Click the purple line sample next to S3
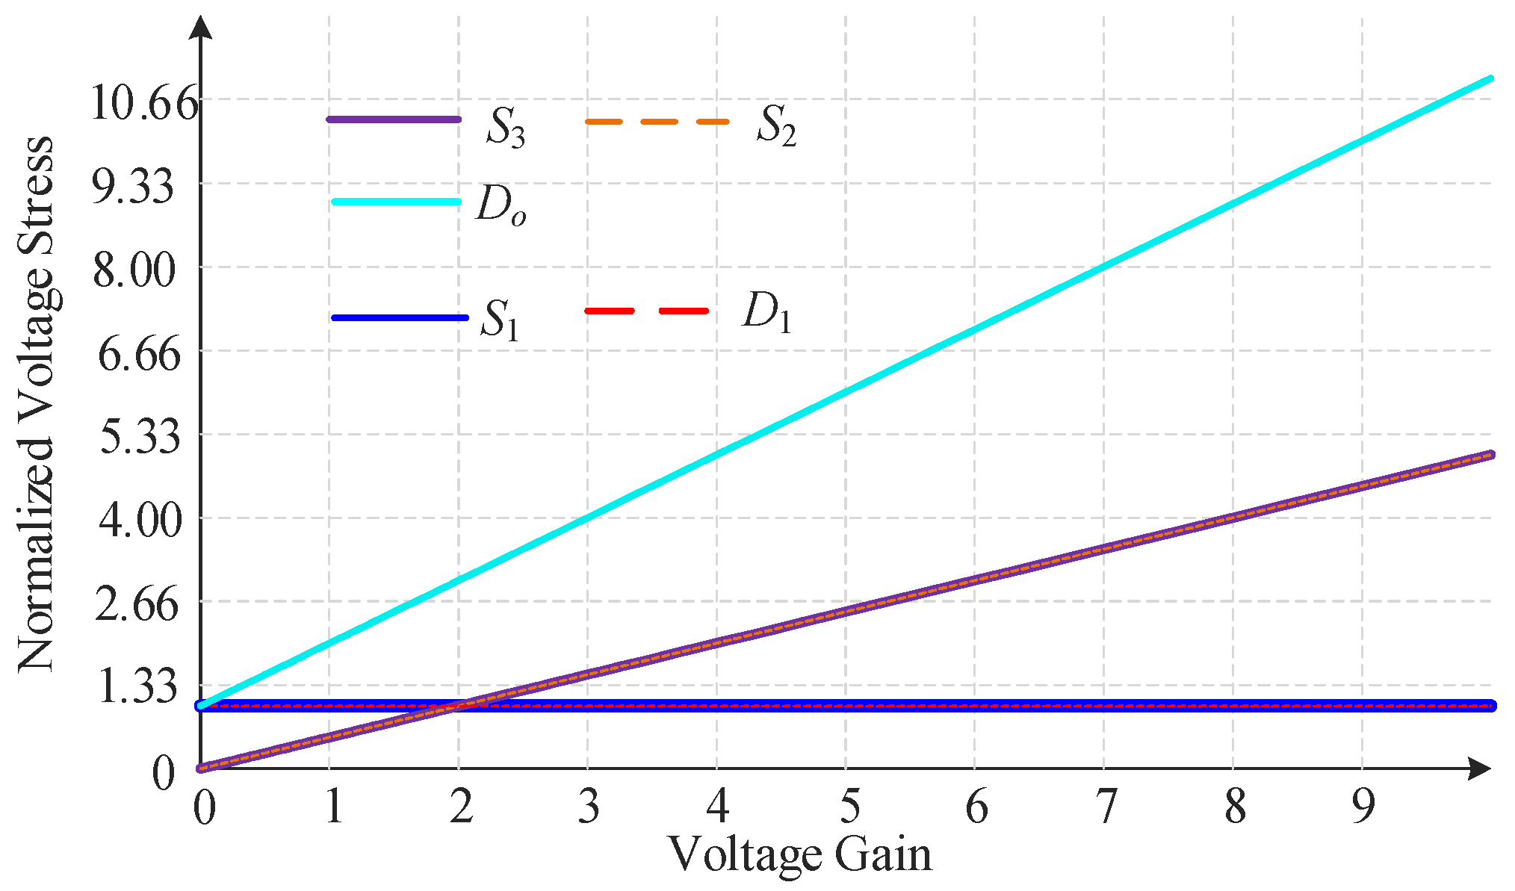[394, 119]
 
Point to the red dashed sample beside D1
[646, 311]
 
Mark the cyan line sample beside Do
[396, 202]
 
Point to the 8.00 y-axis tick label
[134, 270]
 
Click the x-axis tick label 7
[1105, 807]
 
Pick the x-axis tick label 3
[589, 807]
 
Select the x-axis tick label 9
[1363, 807]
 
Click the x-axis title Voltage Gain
[799, 854]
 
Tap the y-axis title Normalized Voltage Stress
[36, 403]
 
